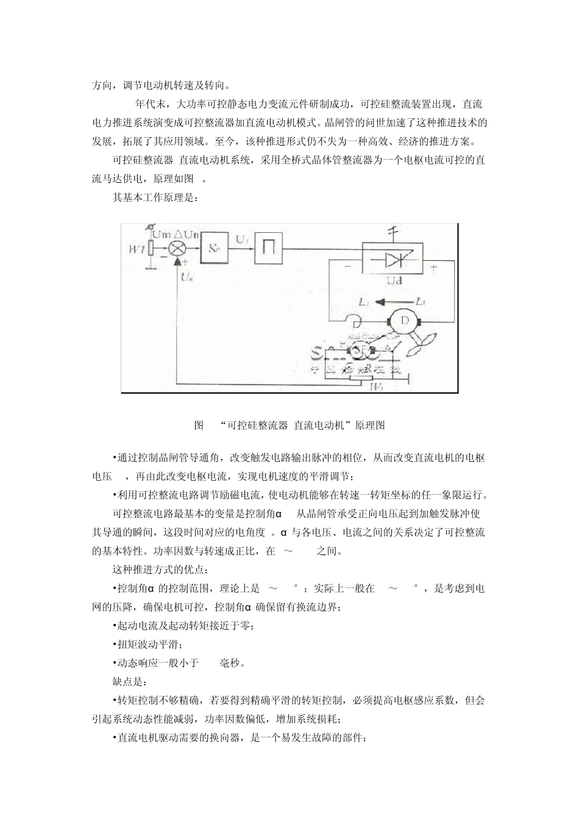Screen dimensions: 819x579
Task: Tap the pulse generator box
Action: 269,248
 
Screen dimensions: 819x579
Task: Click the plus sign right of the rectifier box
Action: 433,267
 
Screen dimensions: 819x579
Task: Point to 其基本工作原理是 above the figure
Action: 155,197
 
